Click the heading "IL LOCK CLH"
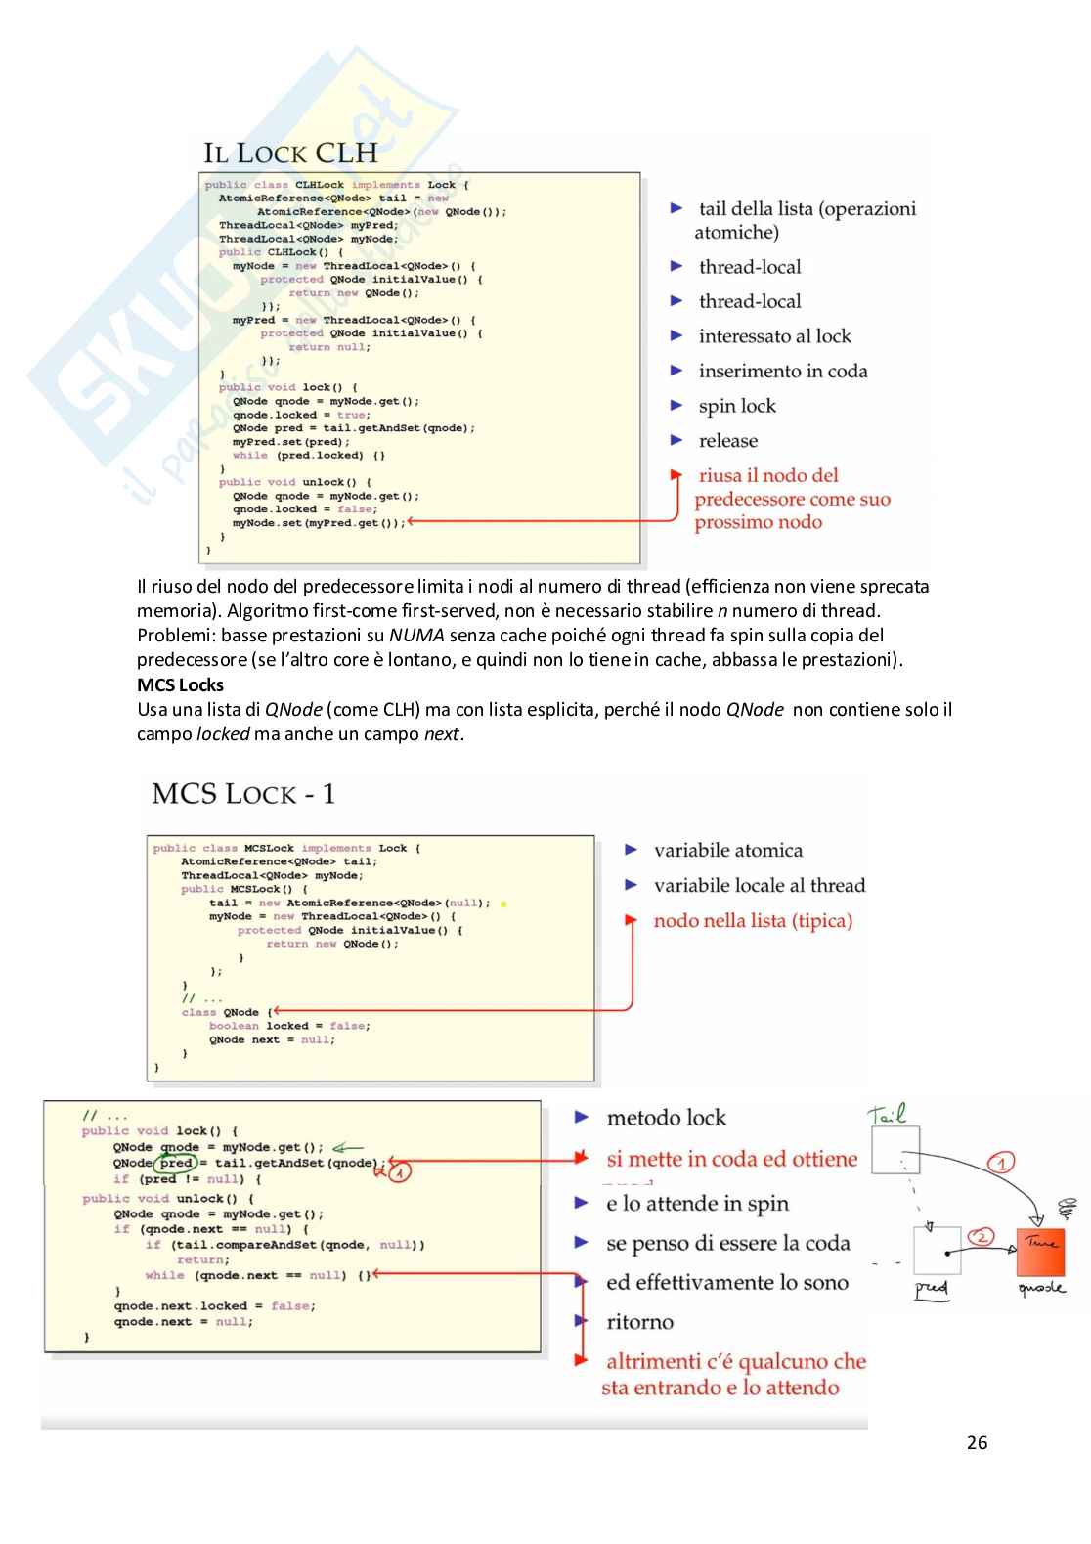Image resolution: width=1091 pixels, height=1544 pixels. (290, 154)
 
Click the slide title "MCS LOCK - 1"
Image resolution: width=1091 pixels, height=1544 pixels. (243, 793)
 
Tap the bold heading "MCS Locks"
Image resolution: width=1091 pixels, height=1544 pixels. (180, 684)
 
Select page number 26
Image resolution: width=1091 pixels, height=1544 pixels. (977, 1442)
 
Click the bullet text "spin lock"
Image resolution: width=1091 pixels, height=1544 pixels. (736, 406)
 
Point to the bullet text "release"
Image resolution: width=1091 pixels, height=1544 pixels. (727, 441)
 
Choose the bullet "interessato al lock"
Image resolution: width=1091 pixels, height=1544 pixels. (774, 336)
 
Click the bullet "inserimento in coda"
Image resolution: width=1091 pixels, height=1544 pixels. (782, 372)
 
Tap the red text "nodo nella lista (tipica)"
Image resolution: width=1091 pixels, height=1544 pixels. (753, 921)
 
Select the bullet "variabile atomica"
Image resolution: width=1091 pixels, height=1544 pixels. (727, 851)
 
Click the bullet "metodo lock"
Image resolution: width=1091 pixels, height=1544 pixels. (666, 1118)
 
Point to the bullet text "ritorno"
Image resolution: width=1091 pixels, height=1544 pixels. (639, 1322)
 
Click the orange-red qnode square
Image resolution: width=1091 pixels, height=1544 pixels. (1040, 1253)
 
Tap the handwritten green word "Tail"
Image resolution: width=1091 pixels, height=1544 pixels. (887, 1114)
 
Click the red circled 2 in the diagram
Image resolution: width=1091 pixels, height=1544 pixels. (981, 1237)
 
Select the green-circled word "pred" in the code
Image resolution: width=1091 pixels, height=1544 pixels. (176, 1164)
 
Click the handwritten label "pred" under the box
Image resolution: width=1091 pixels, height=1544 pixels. (931, 1288)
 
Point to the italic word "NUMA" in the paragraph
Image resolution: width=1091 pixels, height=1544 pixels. (416, 636)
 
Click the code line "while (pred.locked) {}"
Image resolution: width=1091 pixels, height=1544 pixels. (309, 456)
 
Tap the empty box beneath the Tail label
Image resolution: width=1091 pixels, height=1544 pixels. (895, 1149)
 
